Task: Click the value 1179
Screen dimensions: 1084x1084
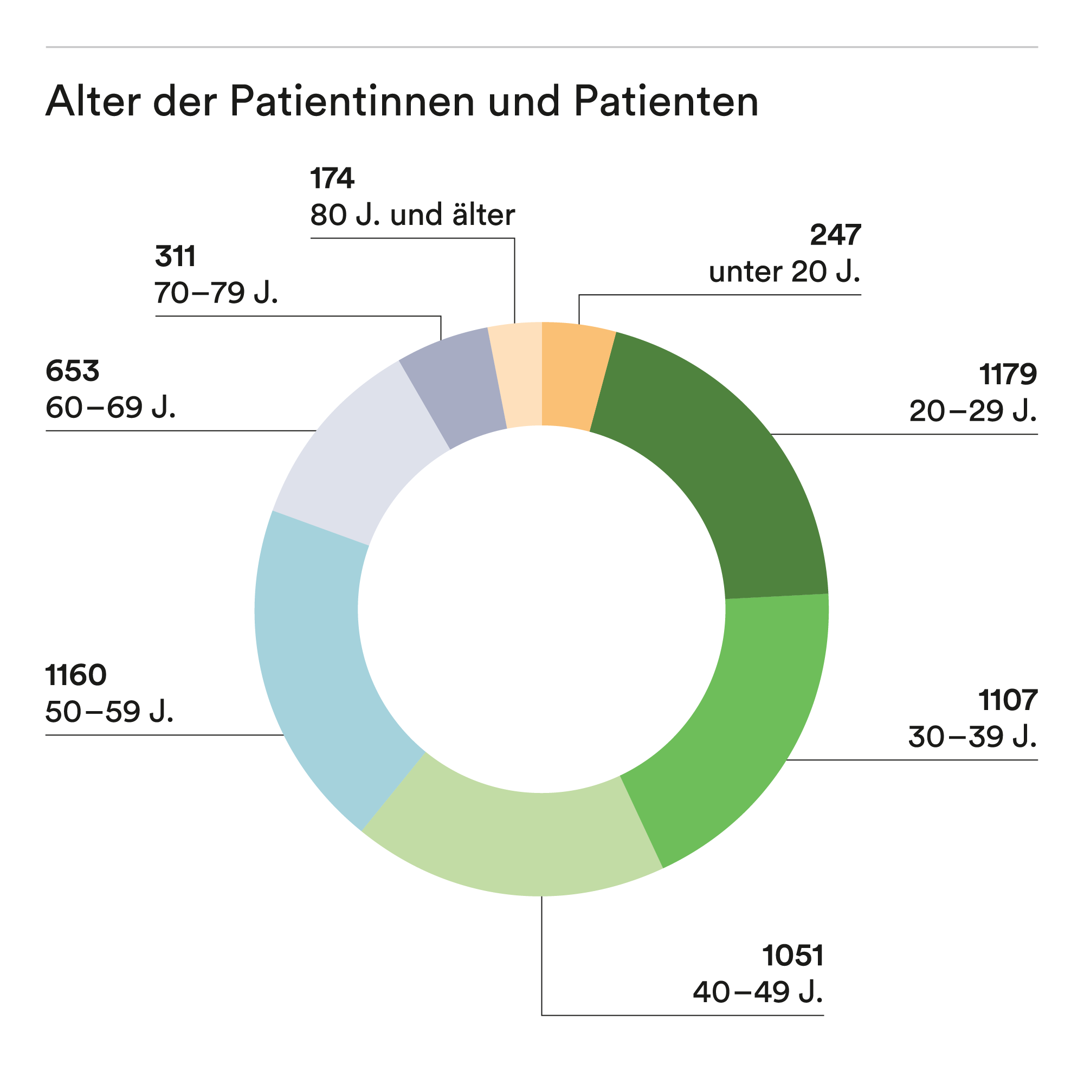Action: point(1008,374)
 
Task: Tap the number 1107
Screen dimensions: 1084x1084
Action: point(1008,700)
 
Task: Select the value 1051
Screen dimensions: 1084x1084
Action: point(793,956)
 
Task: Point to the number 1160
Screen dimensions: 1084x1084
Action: point(76,675)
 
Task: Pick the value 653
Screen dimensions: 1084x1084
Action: point(73,371)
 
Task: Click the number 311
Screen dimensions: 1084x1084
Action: point(175,256)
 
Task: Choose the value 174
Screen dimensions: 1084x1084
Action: point(332,178)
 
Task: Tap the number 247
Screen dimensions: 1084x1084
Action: point(835,235)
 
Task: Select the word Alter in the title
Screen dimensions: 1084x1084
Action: point(93,101)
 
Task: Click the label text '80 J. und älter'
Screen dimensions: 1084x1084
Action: point(412,215)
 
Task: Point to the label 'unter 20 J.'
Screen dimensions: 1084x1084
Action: point(784,272)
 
